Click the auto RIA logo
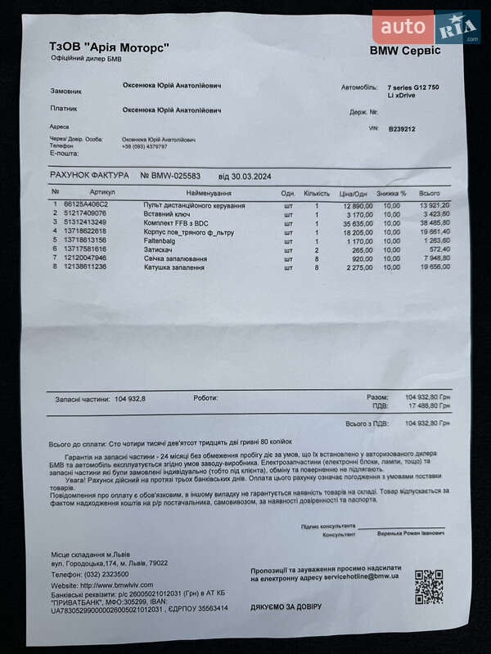(426, 27)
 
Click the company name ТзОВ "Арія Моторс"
(110, 47)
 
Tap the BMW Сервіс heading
(404, 51)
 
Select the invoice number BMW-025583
(175, 175)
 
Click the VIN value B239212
(402, 128)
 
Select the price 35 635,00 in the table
(356, 222)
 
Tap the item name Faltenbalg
(162, 240)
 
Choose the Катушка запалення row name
(174, 267)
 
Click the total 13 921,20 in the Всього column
(435, 204)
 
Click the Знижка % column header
(392, 193)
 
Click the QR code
(428, 586)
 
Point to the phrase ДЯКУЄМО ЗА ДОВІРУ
(286, 607)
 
